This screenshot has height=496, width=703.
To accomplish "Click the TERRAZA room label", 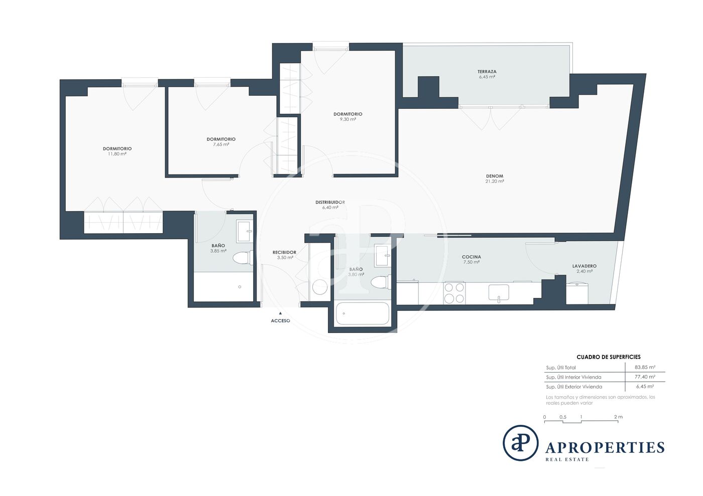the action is click(x=487, y=72).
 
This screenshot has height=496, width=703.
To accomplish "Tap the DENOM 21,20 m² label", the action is click(x=495, y=179).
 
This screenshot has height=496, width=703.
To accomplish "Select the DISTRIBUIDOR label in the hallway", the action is click(x=330, y=202).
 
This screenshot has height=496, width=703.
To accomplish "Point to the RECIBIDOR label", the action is click(x=284, y=252).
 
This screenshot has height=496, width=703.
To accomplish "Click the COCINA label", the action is click(x=472, y=257).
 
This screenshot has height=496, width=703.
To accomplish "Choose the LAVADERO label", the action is click(x=584, y=266).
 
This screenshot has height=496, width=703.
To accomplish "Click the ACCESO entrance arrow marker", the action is click(x=280, y=313).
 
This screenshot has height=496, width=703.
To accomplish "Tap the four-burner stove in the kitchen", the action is click(x=454, y=293).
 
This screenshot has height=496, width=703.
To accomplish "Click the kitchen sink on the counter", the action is click(x=499, y=292).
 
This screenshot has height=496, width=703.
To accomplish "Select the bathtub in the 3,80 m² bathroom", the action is click(x=363, y=313).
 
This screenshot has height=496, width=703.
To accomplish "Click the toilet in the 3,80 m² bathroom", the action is click(x=381, y=282).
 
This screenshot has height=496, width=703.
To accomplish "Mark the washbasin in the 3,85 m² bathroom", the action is click(x=244, y=232).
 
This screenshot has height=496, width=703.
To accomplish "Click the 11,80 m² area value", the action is click(x=117, y=154).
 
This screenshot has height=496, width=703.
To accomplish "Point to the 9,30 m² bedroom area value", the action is click(x=347, y=119).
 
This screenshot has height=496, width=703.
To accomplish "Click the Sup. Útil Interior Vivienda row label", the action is click(x=573, y=377).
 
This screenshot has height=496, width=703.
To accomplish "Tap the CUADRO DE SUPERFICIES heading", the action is click(x=609, y=357).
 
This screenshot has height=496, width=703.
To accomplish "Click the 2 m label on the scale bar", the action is click(x=618, y=417).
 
